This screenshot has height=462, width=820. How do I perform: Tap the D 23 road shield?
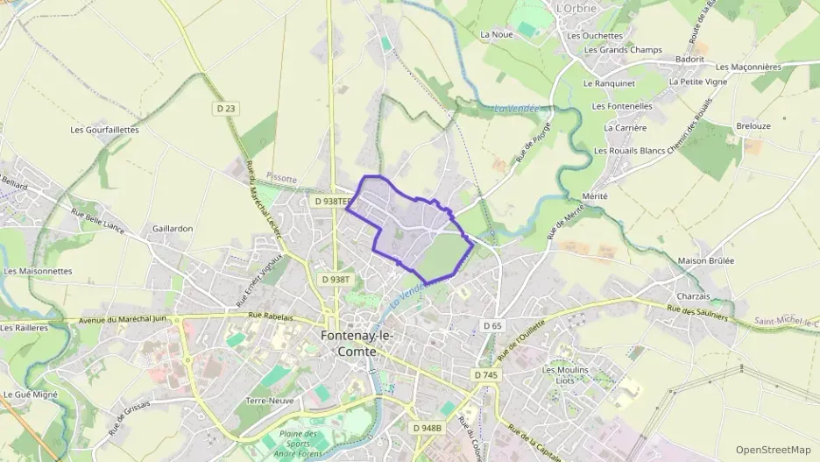[x=226, y=108]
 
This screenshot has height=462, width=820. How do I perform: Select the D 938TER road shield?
[x=332, y=201]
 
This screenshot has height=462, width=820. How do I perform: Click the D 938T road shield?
[x=336, y=279]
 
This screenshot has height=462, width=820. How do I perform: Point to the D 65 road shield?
[x=492, y=325]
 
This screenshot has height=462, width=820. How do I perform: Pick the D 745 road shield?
[x=485, y=374]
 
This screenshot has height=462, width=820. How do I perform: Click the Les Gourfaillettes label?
[x=104, y=130]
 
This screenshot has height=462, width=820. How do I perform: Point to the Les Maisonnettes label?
[x=38, y=271]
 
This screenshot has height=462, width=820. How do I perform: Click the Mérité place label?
[x=593, y=196]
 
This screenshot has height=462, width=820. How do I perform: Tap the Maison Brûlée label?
[x=706, y=261]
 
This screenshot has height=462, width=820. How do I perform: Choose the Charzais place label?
[x=693, y=296]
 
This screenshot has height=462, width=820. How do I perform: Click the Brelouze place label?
[x=753, y=126]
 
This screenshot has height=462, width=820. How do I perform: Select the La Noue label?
[x=496, y=35]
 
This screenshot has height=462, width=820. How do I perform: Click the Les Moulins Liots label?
[x=565, y=375]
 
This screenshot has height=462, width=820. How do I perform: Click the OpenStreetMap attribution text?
[x=773, y=449]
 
